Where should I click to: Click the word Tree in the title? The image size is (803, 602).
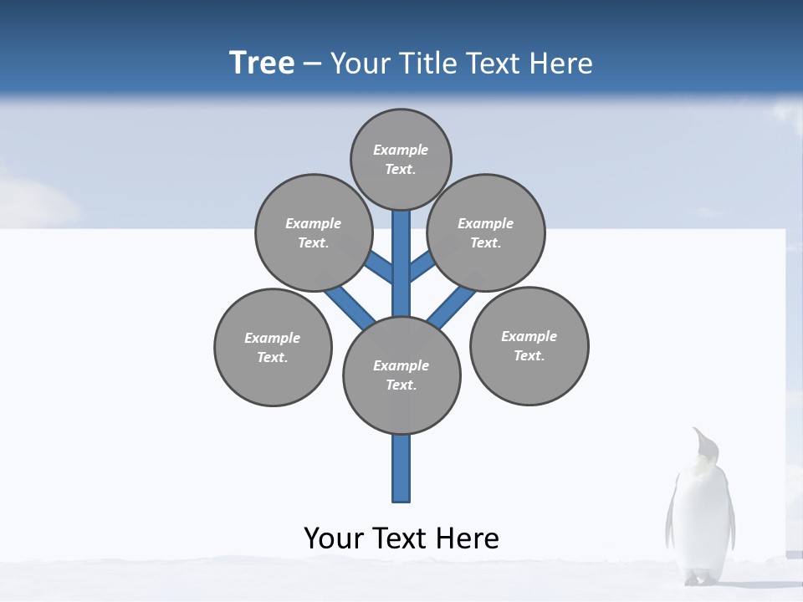[262, 63]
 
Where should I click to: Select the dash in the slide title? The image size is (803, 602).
[312, 64]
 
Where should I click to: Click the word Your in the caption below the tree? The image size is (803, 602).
[333, 538]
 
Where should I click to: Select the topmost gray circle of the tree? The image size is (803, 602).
[401, 159]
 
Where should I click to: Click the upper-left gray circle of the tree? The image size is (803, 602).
[313, 232]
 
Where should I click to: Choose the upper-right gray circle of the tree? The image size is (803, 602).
[486, 232]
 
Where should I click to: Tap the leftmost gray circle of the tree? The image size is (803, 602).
[273, 347]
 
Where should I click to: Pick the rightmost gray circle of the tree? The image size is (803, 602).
[529, 345]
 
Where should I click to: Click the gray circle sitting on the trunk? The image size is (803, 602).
[401, 375]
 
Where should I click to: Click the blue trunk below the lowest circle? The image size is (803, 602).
[401, 468]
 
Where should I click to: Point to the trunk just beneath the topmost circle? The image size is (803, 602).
[401, 230]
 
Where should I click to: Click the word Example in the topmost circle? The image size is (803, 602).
[401, 150]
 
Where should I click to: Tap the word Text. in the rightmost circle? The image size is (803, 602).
[529, 356]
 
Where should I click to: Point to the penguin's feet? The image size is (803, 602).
[701, 579]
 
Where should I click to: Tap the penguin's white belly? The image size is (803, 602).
[701, 518]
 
